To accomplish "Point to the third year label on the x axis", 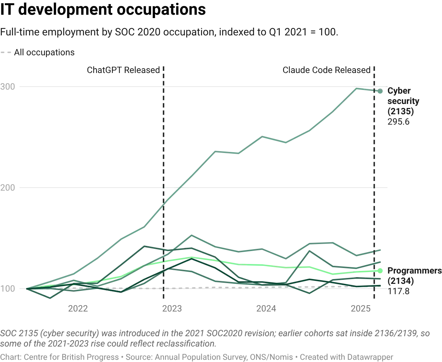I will pyautogui.click(x=266, y=308).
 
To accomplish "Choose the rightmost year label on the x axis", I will pyautogui.click(x=360, y=308).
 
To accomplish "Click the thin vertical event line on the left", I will pyautogui.click(x=162, y=147).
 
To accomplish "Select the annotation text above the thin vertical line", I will pyautogui.click(x=123, y=69).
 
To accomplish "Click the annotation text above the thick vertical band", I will pyautogui.click(x=326, y=69).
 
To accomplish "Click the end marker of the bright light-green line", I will pyautogui.click(x=380, y=271).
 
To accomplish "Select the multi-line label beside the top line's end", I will pyautogui.click(x=403, y=107).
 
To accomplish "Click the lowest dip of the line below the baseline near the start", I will pyautogui.click(x=51, y=297).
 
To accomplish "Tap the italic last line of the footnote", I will pyautogui.click(x=195, y=356).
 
